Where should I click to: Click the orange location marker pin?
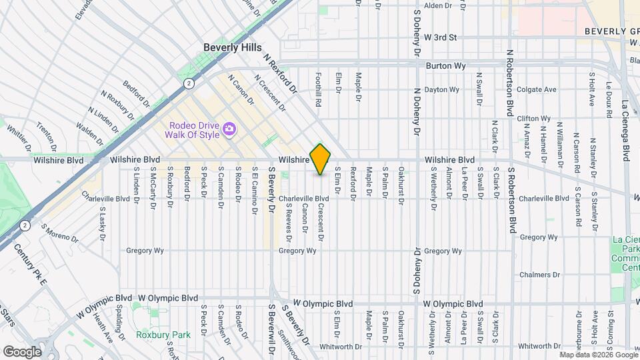(x=321, y=159)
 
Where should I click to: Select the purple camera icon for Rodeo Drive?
(x=229, y=128)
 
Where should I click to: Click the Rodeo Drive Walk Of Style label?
(x=195, y=128)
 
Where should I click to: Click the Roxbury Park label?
(x=163, y=335)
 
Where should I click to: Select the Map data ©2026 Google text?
(x=598, y=355)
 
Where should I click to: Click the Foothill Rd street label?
(x=319, y=90)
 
